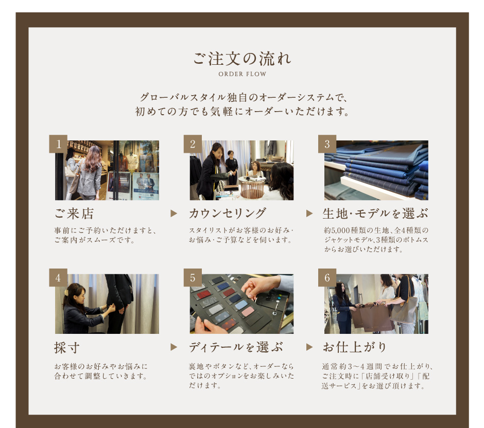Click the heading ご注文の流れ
coord(243,59)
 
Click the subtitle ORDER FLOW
coord(243,74)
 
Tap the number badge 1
coord(58,144)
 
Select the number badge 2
coord(193,144)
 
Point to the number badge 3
coord(327,144)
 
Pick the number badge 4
coord(58,277)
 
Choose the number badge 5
coord(193,277)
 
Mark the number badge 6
coord(327,277)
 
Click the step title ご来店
coord(74,213)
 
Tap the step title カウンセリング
coord(227,213)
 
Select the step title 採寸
coord(67,348)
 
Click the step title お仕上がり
coord(355,347)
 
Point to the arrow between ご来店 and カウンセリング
coord(174,213)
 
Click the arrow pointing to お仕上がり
coord(309,347)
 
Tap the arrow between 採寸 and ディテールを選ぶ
coord(174,347)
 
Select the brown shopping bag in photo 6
coord(372,317)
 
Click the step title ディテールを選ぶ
coord(236,347)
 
